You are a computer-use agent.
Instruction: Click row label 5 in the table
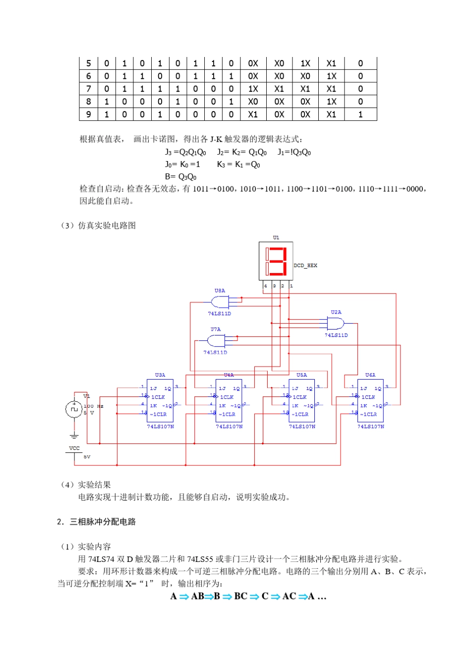89,63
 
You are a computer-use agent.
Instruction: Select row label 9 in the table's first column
89,114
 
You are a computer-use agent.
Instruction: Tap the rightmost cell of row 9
360,114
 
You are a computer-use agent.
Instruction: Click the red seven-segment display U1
276,261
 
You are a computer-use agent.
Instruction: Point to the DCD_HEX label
305,266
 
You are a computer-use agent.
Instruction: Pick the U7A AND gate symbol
216,340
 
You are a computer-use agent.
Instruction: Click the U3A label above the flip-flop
160,375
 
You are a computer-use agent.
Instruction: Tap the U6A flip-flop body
370,400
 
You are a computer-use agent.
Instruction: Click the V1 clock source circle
74,409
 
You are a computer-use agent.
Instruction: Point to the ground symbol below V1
74,436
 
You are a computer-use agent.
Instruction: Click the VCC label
74,448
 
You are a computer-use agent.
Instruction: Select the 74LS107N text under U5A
302,426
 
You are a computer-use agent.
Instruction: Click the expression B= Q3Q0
181,176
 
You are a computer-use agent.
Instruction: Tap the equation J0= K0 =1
182,164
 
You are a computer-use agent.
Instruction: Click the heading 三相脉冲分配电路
103,522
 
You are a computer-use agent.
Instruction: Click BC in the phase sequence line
240,596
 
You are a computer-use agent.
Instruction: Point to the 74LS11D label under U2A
336,335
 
